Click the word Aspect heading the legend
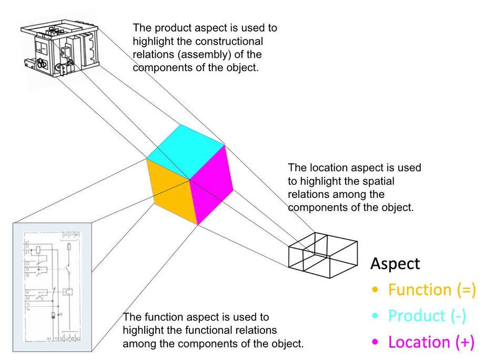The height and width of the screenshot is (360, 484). (395, 263)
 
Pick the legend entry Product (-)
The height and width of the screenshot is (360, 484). (427, 316)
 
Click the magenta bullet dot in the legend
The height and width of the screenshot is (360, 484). (375, 343)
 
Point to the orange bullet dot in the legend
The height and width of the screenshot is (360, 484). (375, 290)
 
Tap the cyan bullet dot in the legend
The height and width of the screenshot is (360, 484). (375, 316)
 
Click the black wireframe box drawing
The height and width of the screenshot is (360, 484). (322, 255)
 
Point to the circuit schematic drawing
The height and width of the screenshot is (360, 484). (52, 287)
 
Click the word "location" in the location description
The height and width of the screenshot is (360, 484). (326, 168)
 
